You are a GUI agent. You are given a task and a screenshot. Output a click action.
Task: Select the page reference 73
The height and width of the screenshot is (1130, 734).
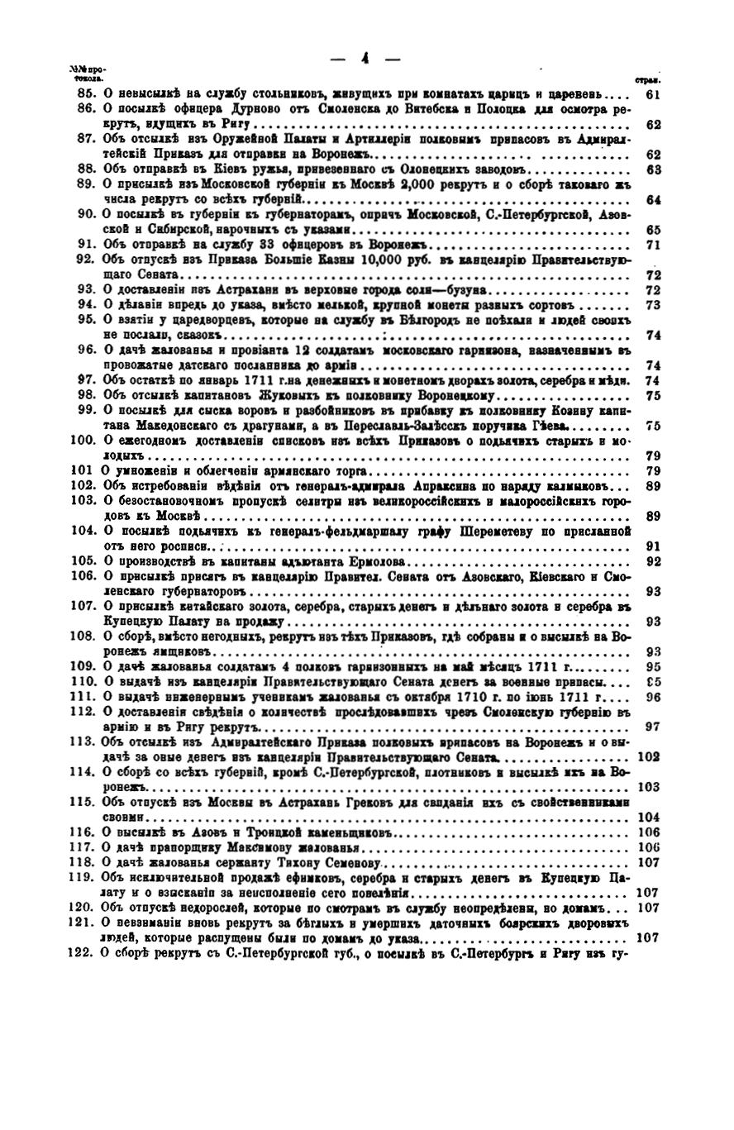(651, 304)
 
